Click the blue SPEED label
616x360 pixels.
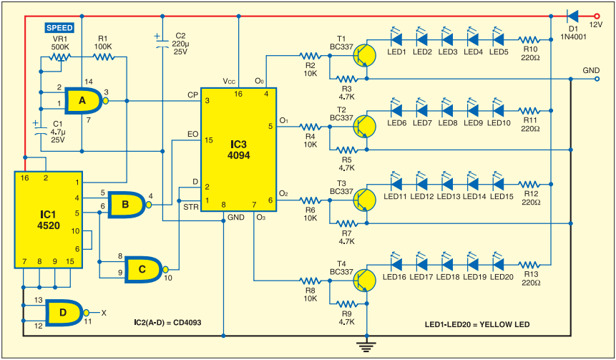click(x=59, y=27)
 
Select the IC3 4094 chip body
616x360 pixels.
click(x=239, y=150)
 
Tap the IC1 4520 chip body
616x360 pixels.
click(x=49, y=220)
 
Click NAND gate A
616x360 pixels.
click(x=85, y=101)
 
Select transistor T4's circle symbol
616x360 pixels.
click(x=364, y=281)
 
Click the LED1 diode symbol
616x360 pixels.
click(x=396, y=38)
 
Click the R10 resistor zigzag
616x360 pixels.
click(x=529, y=40)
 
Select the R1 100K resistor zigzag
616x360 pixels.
click(x=103, y=57)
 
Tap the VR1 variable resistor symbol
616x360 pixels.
click(x=60, y=59)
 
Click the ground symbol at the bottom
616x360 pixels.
click(x=366, y=346)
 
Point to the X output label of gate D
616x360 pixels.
click(x=104, y=313)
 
